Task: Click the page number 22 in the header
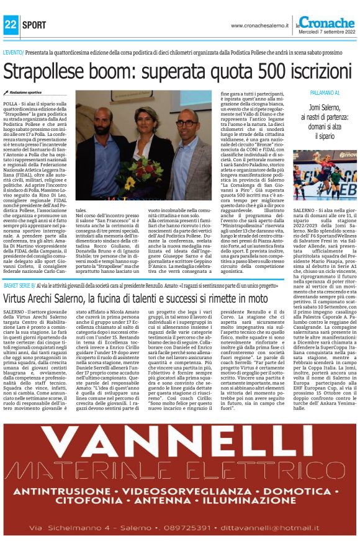(x=11, y=25)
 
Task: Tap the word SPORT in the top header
(x=34, y=25)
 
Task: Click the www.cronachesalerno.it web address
(x=262, y=25)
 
